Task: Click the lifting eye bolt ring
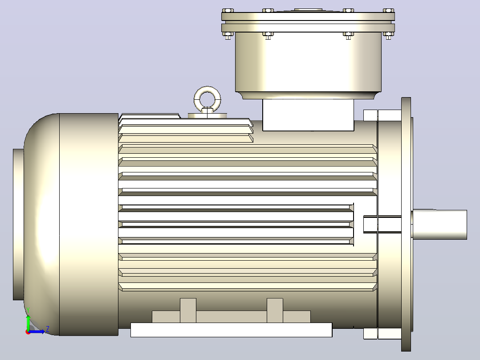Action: click(207, 92)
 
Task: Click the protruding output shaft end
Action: click(439, 225)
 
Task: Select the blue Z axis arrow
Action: click(36, 331)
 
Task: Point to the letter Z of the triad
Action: click(48, 329)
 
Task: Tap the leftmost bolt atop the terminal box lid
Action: click(228, 11)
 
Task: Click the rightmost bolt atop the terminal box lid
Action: click(388, 11)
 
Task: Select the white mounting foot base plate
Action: click(232, 330)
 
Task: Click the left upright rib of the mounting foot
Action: click(188, 311)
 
